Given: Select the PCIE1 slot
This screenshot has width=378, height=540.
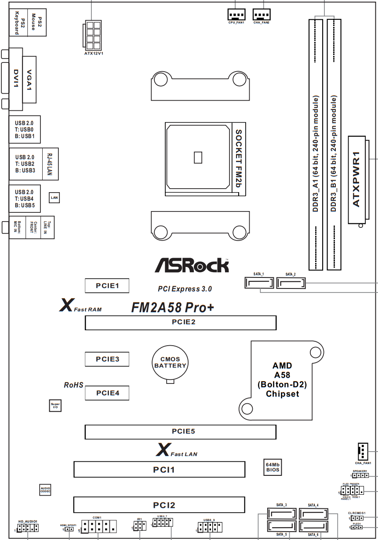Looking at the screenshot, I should click(107, 286).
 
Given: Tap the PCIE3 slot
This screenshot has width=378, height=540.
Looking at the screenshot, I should click(107, 359).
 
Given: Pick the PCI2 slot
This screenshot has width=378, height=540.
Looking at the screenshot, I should click(159, 505).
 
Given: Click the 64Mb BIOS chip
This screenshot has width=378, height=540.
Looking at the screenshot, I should click(273, 467).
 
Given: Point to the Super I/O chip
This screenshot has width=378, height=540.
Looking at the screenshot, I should click(55, 405).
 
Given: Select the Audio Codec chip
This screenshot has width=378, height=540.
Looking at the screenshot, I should click(46, 489).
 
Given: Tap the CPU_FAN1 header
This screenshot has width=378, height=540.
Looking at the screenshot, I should click(236, 15).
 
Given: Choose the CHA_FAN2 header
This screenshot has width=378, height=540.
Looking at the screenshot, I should click(262, 15).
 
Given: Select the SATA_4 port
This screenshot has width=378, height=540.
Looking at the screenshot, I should click(314, 513).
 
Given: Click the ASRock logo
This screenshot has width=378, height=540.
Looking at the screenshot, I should click(192, 265).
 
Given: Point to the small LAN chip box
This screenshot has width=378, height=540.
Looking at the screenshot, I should click(55, 198).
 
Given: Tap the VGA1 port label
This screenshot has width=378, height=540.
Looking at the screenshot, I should click(29, 80).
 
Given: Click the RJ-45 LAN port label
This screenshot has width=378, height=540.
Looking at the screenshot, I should click(49, 164).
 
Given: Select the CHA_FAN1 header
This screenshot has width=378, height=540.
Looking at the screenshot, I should click(363, 451).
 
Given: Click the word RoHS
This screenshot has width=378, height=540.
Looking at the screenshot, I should click(73, 385).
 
